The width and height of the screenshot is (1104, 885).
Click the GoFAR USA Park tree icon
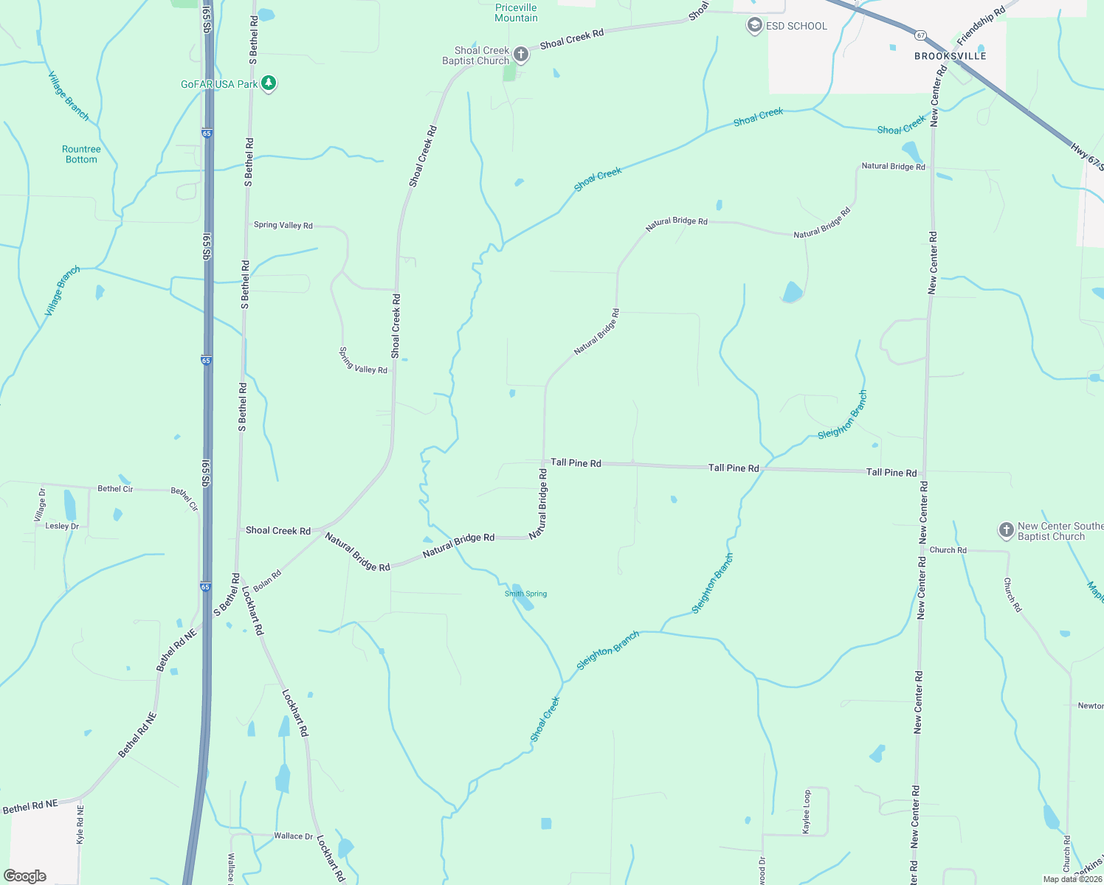click(269, 83)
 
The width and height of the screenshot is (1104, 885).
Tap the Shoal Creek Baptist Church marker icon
click(521, 55)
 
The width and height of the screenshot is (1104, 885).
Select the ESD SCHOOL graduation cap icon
click(754, 26)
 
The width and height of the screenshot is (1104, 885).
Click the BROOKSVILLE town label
click(950, 56)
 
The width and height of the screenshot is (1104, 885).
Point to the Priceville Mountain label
click(516, 13)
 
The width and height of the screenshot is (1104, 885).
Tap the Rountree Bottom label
click(81, 154)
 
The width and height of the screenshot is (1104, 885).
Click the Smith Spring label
click(525, 594)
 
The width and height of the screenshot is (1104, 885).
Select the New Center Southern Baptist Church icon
click(1006, 530)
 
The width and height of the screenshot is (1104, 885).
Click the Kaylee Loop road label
click(807, 812)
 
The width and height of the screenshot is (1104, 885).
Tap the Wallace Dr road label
click(293, 836)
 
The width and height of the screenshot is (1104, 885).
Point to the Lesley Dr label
click(62, 526)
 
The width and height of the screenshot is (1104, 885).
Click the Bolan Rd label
click(267, 580)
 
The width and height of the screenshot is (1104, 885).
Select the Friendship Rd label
click(981, 26)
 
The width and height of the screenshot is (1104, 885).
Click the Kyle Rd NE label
click(80, 825)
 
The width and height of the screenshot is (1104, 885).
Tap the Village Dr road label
click(41, 505)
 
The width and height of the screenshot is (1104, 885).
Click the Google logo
click(25, 876)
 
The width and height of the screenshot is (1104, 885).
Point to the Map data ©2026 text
click(1072, 879)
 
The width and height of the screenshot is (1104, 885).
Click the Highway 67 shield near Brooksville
click(920, 35)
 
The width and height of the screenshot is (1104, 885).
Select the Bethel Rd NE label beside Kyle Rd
click(30, 807)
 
